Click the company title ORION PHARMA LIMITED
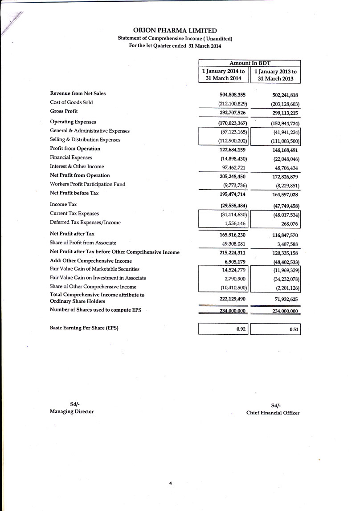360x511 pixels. pos(175,31)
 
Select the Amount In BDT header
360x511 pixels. pos(249,63)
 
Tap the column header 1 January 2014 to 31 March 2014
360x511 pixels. pos(223,75)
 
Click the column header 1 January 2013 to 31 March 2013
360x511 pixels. pos(275,75)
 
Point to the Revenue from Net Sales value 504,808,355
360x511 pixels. pos(233,94)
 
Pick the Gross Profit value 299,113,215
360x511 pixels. pos(285,113)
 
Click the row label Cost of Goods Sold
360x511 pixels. pos(71,102)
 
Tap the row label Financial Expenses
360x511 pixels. pos(71,158)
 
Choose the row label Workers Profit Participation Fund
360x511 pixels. pos(88,184)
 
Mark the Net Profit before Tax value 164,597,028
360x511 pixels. pos(285,195)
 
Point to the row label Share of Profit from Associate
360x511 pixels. pos(83,243)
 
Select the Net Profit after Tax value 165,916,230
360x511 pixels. pos(233,235)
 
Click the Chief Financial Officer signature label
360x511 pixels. pos(273,413)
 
